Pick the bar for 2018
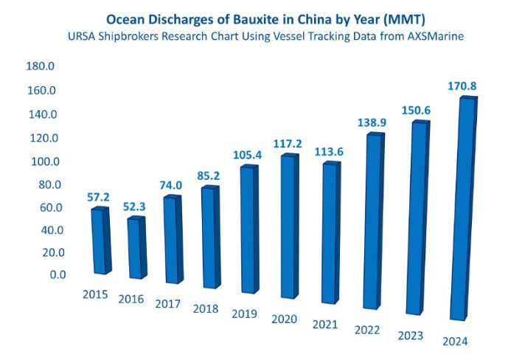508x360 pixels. [x=211, y=238]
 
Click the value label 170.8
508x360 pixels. [x=462, y=86]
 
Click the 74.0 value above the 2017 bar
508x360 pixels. [x=170, y=185]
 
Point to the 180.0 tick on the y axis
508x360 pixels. [x=41, y=66]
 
